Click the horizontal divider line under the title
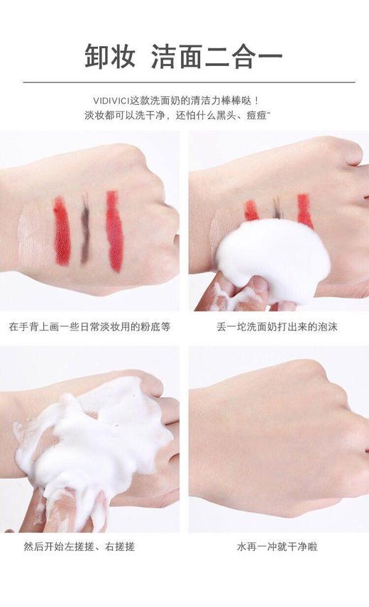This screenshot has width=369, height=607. click(184, 82)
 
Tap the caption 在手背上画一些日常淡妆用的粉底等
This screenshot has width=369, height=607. click(89, 327)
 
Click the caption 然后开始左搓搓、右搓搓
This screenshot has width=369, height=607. click(79, 547)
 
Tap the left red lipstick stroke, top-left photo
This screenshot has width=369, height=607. click(62, 230)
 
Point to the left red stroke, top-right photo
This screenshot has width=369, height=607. click(251, 210)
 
